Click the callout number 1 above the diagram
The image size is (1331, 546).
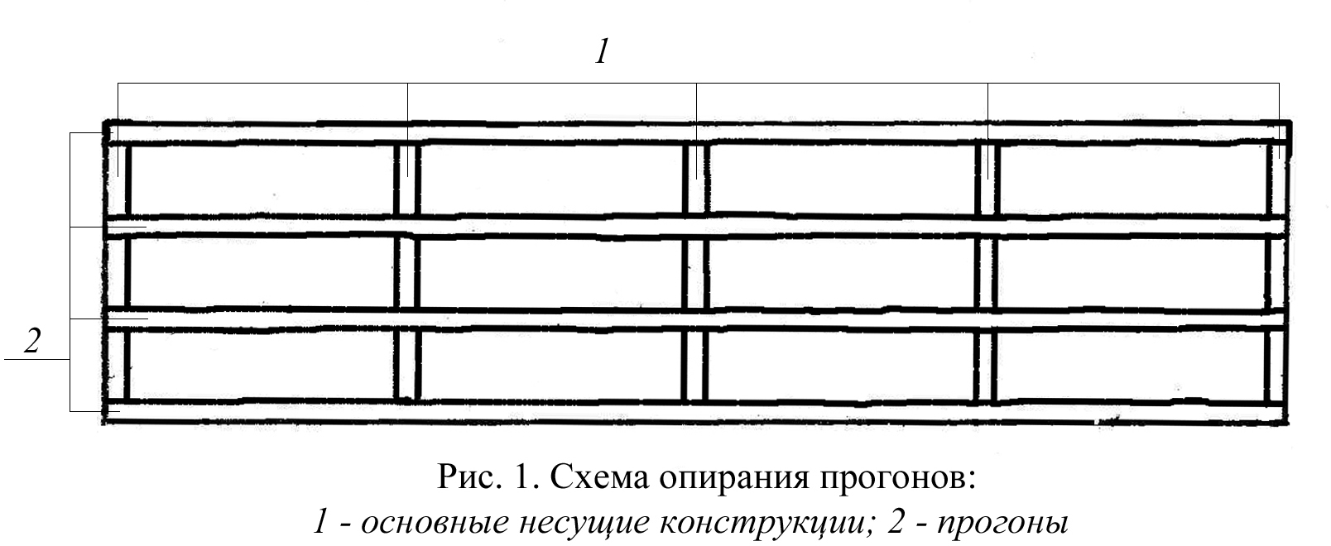tap(602, 53)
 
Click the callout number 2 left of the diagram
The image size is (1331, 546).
tap(32, 341)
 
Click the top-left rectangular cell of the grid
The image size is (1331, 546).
tap(262, 181)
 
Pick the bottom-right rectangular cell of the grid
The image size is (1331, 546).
tap(1131, 365)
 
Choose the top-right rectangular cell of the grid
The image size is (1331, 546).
tap(1131, 181)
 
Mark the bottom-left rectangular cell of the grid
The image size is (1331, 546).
tap(262, 365)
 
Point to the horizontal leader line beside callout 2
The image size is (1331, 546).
tap(37, 361)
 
